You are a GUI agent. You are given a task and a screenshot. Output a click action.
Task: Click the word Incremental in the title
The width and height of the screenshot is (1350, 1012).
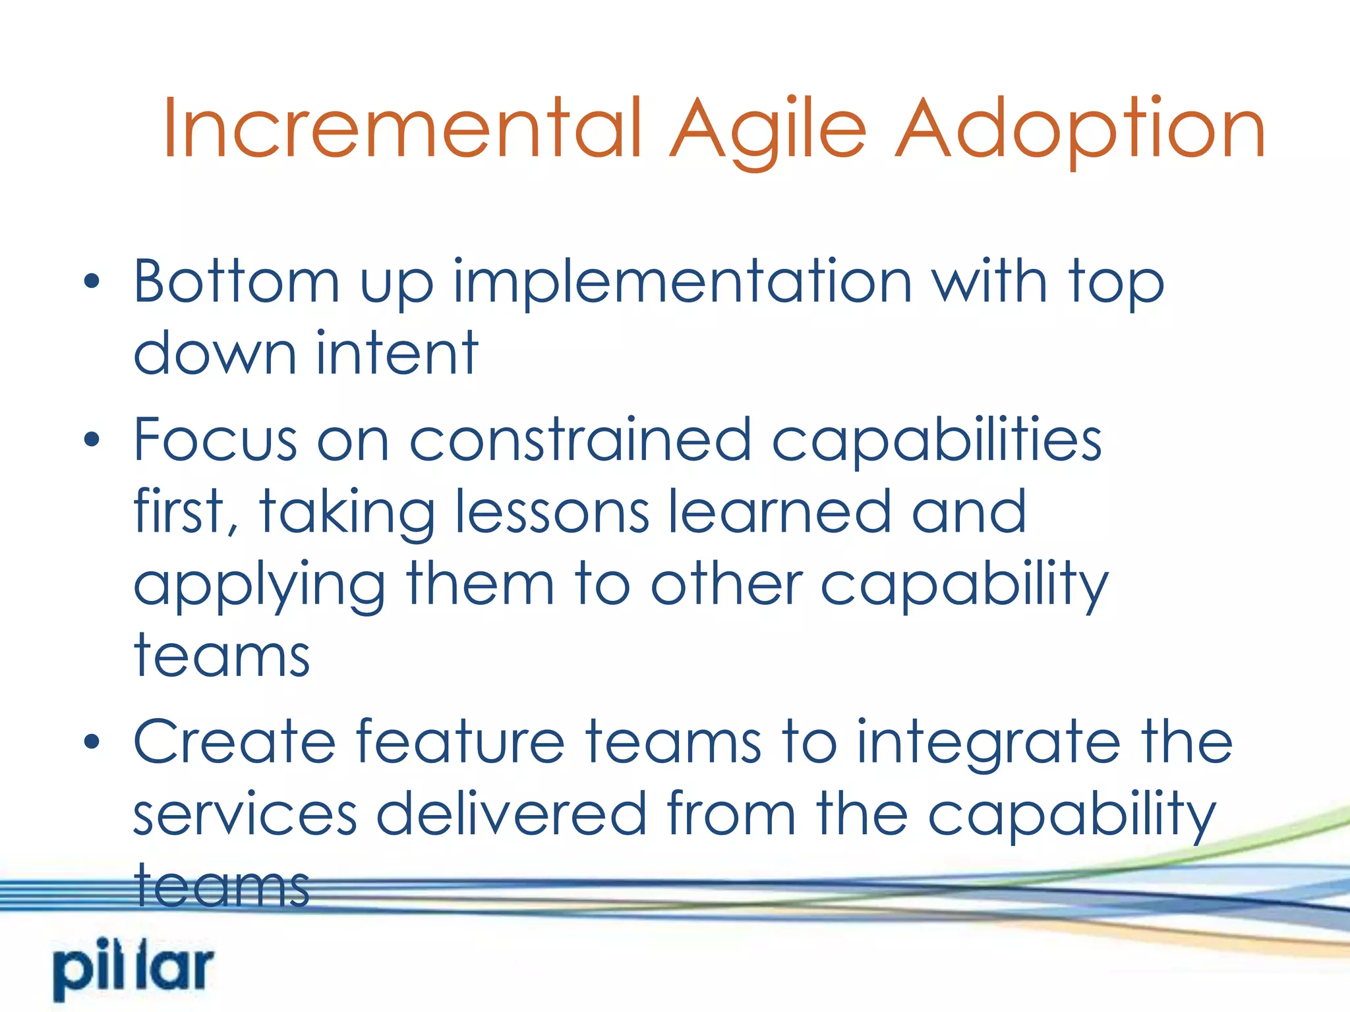coord(402,128)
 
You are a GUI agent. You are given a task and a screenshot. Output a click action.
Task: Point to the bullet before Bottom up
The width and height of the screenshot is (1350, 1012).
coord(92,282)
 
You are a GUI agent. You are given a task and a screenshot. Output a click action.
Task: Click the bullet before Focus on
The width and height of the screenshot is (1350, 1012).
coord(92,439)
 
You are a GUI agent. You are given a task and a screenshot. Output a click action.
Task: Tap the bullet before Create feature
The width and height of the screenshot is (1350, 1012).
coord(92,742)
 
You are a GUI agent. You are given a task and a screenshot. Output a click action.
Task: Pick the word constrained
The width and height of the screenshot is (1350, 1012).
coord(580,439)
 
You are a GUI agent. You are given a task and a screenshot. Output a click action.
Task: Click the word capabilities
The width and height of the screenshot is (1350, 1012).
coord(936,439)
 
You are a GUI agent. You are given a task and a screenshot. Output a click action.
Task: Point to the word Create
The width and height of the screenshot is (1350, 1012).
coord(235,742)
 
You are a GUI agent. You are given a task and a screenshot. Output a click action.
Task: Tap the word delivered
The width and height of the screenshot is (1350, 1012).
coord(511,814)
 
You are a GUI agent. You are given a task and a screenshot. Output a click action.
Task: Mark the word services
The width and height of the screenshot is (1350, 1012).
coord(245,814)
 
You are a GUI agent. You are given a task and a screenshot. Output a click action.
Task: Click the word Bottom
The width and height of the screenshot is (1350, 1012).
coord(236,282)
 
